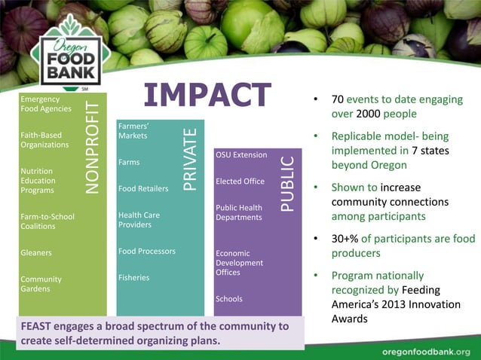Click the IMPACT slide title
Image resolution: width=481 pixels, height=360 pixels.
click(207, 96)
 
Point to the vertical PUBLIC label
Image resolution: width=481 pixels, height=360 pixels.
click(287, 184)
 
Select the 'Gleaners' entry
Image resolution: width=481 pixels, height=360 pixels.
click(36, 253)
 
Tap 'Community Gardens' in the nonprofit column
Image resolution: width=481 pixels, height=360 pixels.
click(41, 284)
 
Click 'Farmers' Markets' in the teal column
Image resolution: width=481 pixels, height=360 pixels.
click(133, 131)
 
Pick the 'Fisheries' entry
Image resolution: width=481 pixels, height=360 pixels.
click(134, 278)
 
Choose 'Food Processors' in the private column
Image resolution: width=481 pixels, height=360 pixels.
click(146, 251)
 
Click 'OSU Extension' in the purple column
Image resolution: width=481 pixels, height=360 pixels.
click(241, 154)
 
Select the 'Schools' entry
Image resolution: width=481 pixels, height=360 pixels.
click(229, 299)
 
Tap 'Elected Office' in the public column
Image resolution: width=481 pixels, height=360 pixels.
click(240, 182)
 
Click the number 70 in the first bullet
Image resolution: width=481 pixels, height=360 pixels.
click(338, 100)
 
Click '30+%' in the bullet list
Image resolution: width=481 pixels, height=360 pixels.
click(345, 239)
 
